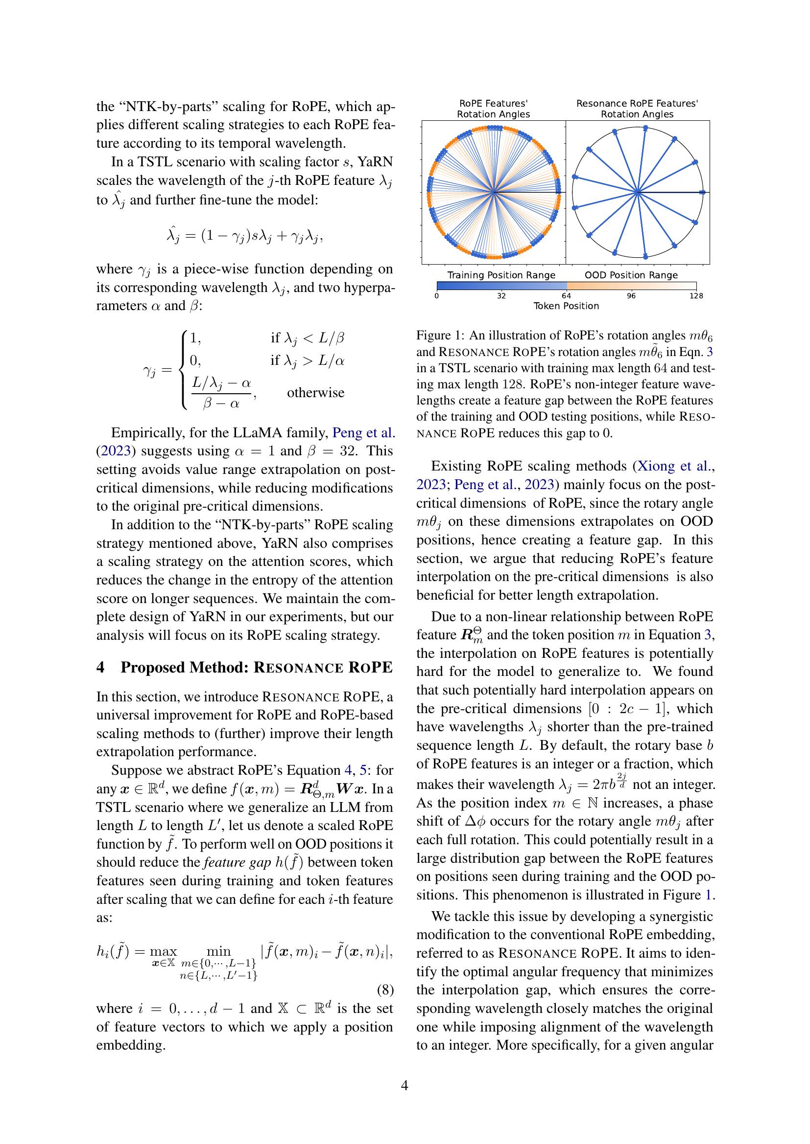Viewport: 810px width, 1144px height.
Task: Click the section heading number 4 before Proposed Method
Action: pyautogui.click(x=101, y=668)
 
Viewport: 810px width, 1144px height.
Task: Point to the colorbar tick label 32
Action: pyautogui.click(x=501, y=296)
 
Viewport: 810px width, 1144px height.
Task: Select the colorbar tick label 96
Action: pyautogui.click(x=631, y=296)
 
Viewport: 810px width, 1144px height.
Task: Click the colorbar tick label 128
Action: pyautogui.click(x=696, y=296)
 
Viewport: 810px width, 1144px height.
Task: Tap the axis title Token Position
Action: pyautogui.click(x=566, y=306)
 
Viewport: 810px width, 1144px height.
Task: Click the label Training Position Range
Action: pyautogui.click(x=501, y=275)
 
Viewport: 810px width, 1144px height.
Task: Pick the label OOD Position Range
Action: pyautogui.click(x=631, y=275)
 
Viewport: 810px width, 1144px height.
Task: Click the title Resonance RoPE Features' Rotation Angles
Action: pyautogui.click(x=637, y=109)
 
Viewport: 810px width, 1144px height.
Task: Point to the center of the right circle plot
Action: pyautogui.click(x=638, y=192)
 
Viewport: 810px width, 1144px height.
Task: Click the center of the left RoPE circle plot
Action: pyautogui.click(x=493, y=192)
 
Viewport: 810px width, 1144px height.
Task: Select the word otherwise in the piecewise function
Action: pyautogui.click(x=315, y=393)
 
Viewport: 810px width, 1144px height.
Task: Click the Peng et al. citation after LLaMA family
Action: pyautogui.click(x=363, y=432)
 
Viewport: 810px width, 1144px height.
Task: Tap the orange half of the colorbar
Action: pyautogui.click(x=631, y=286)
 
